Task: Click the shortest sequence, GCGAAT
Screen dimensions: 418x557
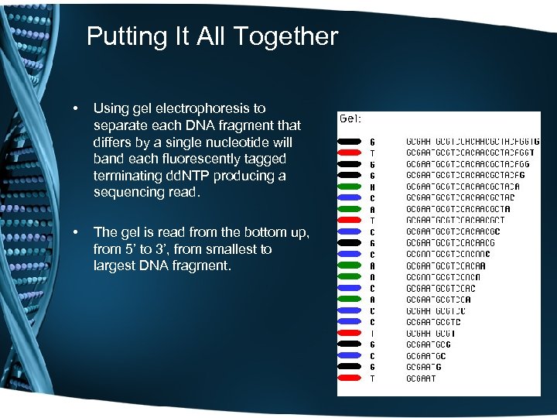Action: [421, 379]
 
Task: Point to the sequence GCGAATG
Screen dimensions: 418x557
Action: [423, 367]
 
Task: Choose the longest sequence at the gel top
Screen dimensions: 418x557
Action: [472, 142]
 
